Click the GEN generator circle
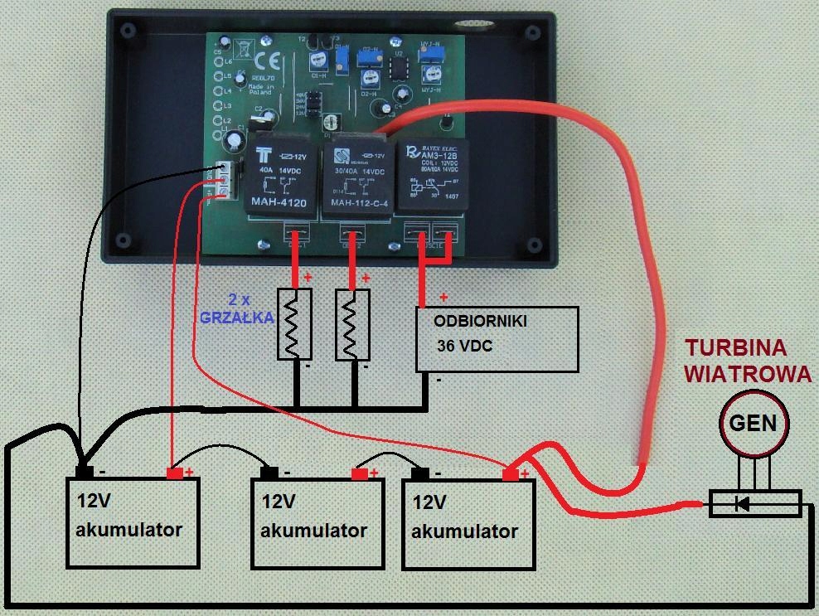753,424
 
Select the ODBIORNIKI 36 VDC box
496,338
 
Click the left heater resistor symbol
294,325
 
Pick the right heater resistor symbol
352,325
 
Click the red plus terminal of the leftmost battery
177,473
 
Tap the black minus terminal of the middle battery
269,473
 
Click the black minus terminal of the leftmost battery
84,473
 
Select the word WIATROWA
746,374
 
